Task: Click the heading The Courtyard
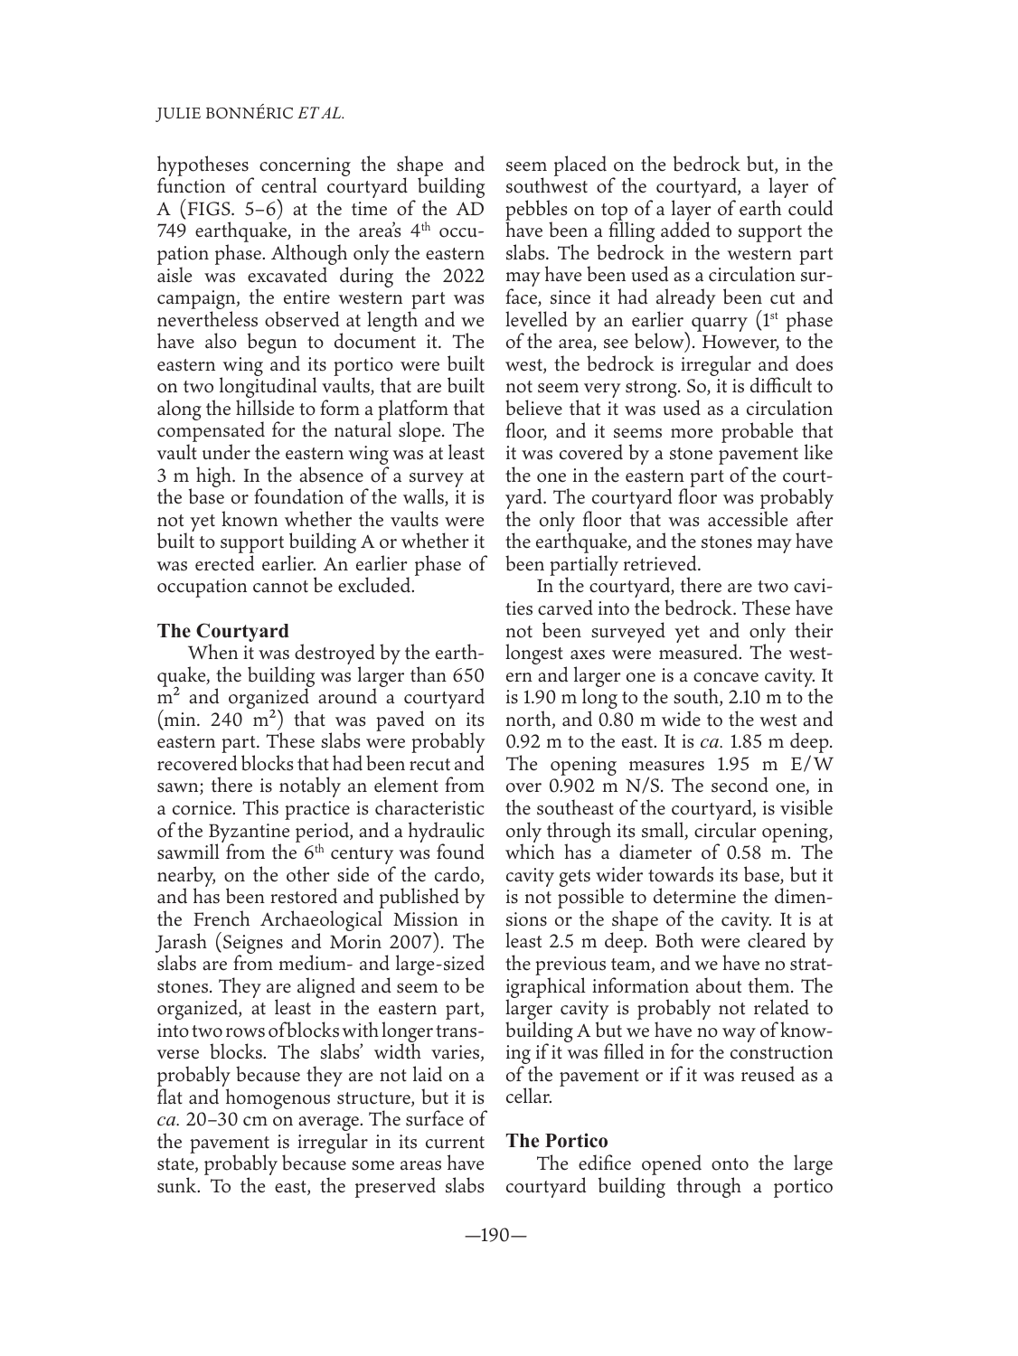click(x=223, y=630)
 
